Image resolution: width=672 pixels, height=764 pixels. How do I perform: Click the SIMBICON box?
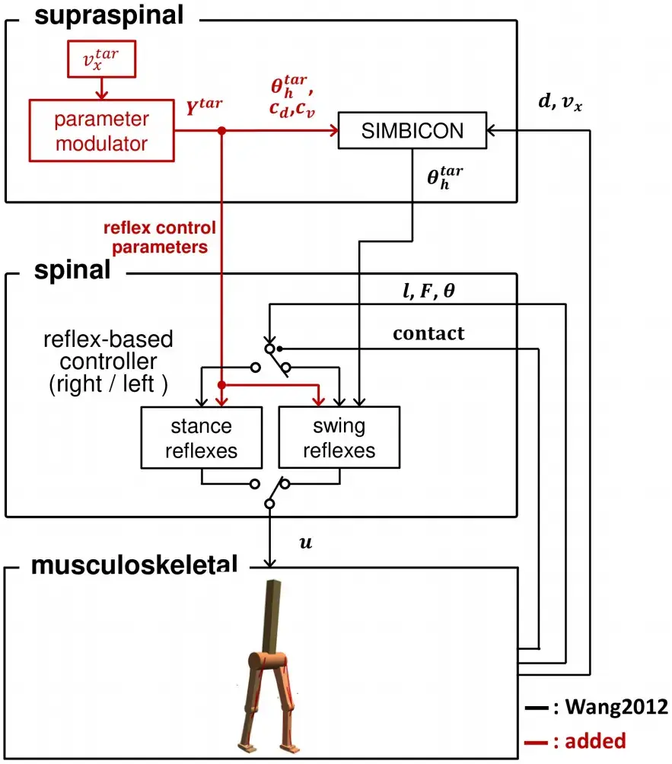pyautogui.click(x=412, y=131)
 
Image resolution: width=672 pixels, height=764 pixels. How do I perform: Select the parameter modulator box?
pyautogui.click(x=102, y=131)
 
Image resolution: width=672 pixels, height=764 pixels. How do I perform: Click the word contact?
pyautogui.click(x=428, y=333)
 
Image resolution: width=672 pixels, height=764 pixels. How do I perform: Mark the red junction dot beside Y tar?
pyautogui.click(x=221, y=131)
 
